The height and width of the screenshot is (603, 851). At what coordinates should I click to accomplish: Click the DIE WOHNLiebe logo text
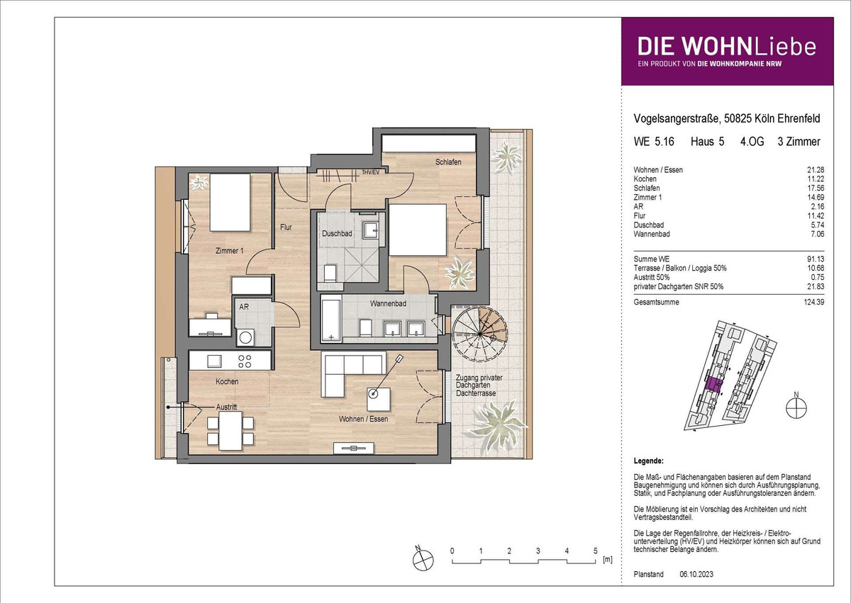727,47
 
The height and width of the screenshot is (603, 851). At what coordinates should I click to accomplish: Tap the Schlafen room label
448,162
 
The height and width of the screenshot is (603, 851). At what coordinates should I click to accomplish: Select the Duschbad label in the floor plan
337,233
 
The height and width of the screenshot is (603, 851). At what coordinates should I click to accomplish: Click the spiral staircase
480,334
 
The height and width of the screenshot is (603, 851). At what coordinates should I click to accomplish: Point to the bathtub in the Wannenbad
331,320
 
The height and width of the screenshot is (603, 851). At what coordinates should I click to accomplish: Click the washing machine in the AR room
245,337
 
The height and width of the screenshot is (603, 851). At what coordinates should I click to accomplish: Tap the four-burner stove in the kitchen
245,361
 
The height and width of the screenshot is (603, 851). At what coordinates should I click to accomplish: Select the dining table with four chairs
230,431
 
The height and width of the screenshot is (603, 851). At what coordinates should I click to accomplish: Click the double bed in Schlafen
418,230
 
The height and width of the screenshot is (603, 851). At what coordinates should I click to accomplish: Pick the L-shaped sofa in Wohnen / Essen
352,373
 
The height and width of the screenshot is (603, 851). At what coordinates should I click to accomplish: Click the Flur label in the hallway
286,227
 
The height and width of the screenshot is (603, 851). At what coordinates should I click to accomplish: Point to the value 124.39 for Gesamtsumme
816,303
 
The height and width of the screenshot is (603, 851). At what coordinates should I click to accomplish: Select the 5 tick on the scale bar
595,551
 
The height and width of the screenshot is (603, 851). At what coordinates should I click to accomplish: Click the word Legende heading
648,461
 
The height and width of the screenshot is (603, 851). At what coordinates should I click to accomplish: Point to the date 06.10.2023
696,574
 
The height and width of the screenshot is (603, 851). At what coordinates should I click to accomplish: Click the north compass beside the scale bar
423,559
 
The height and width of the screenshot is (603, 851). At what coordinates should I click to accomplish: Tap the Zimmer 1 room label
229,250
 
